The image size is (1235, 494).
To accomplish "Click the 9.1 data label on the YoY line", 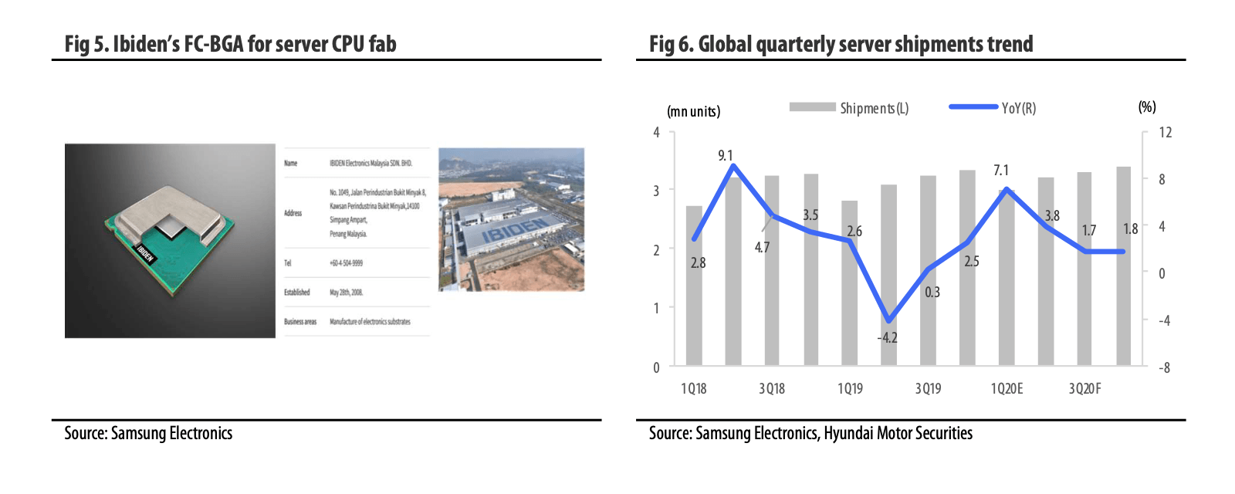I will point(725,155).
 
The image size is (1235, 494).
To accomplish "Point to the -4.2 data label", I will point(887,337).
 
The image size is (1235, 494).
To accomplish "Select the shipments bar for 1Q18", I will point(694,286).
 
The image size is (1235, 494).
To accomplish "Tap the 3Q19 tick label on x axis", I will point(928,388).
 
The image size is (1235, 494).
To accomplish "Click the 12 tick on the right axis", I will point(1165,132).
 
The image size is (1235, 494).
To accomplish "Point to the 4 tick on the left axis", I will point(656,132).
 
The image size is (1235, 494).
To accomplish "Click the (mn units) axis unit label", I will point(693,111).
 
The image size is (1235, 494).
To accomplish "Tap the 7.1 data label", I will point(1000,170).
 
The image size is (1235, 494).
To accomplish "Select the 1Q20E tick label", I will point(1007,388).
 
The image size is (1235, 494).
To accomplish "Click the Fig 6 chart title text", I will point(841,44).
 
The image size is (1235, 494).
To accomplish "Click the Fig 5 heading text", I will point(230,44).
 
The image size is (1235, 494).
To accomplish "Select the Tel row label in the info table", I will point(288,263).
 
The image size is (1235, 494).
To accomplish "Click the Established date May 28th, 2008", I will point(346,293).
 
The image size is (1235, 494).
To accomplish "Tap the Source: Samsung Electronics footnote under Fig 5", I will point(148,433).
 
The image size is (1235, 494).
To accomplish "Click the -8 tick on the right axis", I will point(1164,367).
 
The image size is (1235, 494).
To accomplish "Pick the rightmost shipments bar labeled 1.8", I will point(1123,266).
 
